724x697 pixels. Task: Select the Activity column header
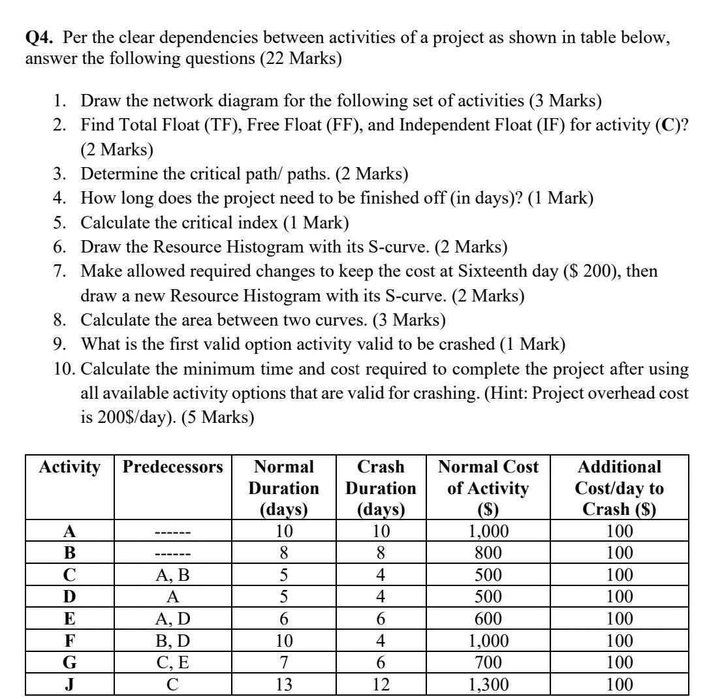[70, 467]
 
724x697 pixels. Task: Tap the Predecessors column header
[173, 467]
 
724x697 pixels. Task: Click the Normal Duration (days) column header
[284, 488]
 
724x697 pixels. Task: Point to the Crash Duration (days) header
[381, 488]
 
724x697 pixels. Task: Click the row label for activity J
[69, 685]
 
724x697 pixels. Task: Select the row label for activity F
[69, 641]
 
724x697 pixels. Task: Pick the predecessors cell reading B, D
[173, 641]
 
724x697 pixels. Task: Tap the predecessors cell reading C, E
[173, 663]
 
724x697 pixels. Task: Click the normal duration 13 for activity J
[284, 685]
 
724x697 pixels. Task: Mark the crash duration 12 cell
[381, 685]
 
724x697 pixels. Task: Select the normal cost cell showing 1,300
[488, 685]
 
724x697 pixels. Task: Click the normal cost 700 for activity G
[488, 663]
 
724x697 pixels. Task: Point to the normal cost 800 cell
[488, 553]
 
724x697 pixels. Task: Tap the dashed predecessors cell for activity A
[173, 532]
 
